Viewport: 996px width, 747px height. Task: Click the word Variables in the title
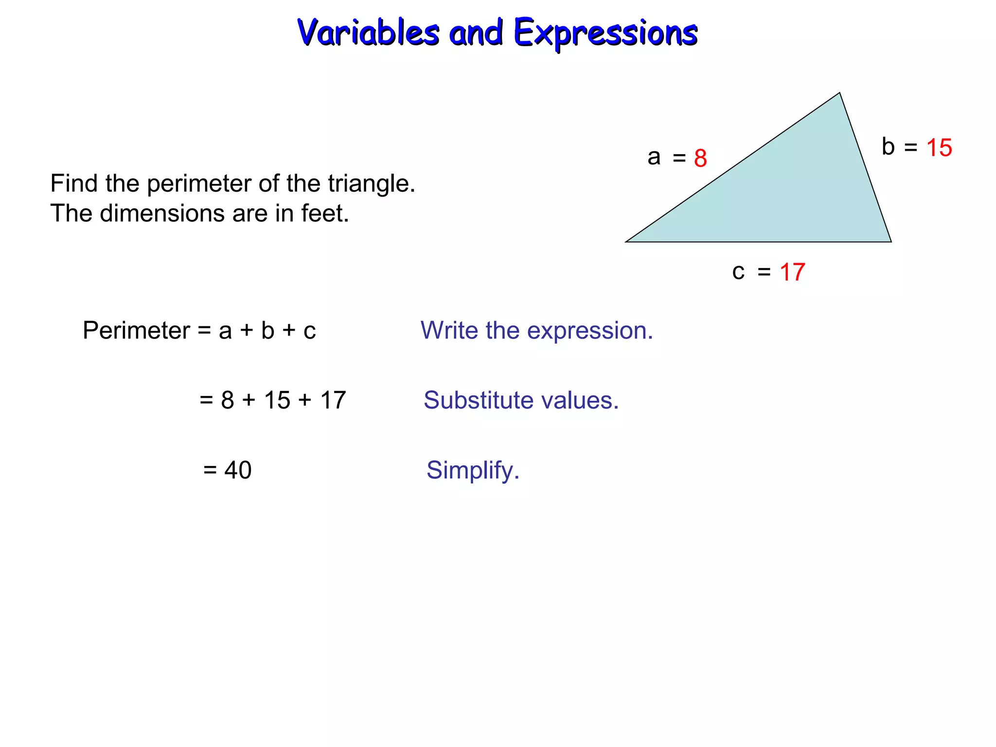368,33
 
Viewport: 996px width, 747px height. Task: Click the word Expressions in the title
605,33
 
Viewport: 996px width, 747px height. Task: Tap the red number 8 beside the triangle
700,158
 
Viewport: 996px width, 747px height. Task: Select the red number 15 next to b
939,148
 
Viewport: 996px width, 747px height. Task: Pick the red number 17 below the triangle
792,272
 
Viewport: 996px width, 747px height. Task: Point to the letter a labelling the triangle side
654,157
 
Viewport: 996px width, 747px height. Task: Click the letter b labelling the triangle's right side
888,147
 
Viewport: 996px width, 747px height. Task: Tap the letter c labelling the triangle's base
738,272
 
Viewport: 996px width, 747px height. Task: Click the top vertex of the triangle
839,93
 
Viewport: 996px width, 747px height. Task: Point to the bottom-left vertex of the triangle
626,241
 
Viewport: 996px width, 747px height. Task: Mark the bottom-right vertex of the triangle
890,241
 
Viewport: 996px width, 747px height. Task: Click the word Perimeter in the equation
136,331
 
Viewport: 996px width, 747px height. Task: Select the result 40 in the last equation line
238,470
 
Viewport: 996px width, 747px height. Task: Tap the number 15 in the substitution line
277,400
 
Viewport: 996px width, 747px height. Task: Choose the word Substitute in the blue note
479,400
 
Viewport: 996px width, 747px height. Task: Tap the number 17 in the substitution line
333,400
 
